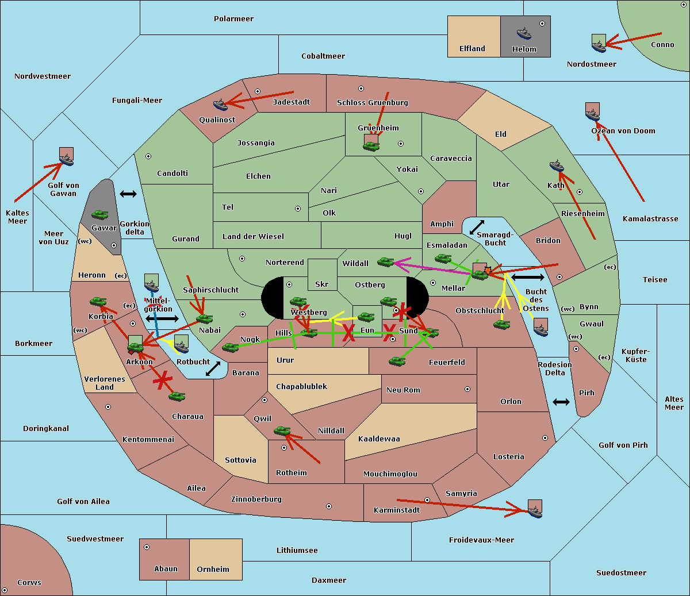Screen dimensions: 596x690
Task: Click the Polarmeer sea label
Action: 233,19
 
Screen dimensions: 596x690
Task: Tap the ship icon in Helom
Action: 523,33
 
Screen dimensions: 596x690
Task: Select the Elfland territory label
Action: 472,49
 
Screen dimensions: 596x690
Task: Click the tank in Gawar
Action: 100,215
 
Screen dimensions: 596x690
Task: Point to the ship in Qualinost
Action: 220,105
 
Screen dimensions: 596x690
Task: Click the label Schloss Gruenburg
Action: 372,103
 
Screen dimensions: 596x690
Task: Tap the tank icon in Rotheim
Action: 282,430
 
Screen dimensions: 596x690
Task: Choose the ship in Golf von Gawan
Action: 67,160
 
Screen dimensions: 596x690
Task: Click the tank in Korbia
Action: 98,301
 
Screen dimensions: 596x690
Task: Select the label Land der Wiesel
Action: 253,236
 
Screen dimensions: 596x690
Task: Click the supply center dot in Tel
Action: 298,209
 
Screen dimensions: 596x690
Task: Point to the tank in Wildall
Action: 385,262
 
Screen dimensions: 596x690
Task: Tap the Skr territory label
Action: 321,284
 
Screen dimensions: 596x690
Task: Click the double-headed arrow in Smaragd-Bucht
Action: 477,227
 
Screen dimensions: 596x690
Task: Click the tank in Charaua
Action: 177,396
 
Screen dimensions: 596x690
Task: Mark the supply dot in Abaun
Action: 147,547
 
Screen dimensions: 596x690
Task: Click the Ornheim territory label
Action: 213,570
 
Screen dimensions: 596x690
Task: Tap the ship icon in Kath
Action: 557,166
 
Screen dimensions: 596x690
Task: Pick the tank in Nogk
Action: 230,347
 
